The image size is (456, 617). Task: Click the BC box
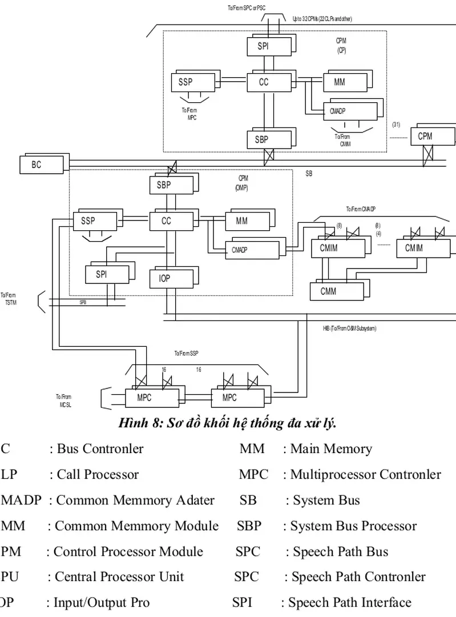(x=37, y=165)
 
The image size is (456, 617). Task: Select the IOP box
(x=164, y=279)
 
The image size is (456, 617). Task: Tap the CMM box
(x=328, y=291)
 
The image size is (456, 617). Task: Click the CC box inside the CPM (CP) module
(x=264, y=82)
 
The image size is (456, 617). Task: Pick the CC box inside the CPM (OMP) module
(x=166, y=221)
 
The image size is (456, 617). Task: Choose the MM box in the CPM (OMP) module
(x=242, y=221)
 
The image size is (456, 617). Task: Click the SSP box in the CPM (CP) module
(x=185, y=82)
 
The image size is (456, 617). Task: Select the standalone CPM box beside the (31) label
(x=425, y=137)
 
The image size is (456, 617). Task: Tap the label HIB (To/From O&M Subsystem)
(x=349, y=328)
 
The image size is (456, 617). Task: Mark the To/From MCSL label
(x=64, y=400)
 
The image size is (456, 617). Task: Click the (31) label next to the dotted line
(x=397, y=125)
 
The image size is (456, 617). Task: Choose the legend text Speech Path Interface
(x=349, y=603)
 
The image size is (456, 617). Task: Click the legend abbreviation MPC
(x=253, y=475)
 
